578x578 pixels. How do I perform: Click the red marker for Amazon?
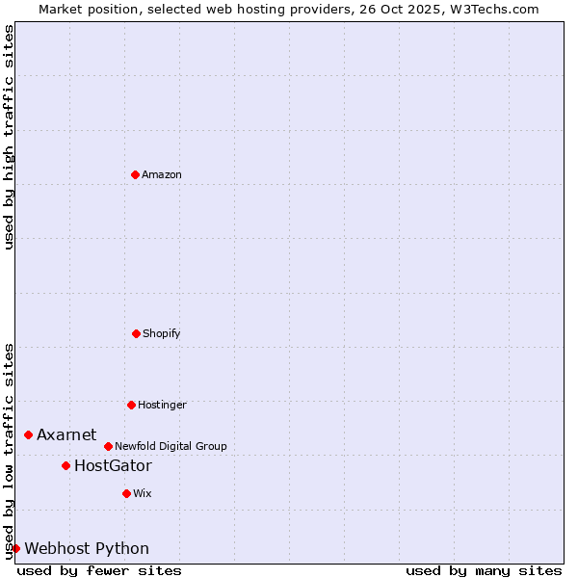(x=135, y=174)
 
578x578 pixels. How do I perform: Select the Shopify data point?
(x=136, y=333)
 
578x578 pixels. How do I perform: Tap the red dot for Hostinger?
(x=131, y=405)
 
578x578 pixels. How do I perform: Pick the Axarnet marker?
(x=28, y=434)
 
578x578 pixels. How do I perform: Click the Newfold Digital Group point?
(x=108, y=446)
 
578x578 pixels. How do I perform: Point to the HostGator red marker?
(x=66, y=465)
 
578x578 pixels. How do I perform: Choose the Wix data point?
(x=126, y=493)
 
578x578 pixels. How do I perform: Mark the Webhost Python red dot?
(x=15, y=548)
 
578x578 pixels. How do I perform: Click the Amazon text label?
(x=162, y=174)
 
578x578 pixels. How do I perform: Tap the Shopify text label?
(x=162, y=333)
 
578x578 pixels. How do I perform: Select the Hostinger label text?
(x=162, y=405)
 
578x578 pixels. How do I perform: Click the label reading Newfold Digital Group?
(x=171, y=446)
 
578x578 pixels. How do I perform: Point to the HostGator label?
(x=113, y=466)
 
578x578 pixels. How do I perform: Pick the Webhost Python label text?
(x=87, y=549)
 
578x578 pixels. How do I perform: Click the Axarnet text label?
(x=66, y=435)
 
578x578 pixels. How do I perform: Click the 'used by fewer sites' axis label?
(x=99, y=570)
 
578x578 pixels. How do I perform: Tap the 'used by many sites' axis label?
(x=484, y=570)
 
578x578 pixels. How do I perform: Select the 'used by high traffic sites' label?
(x=9, y=137)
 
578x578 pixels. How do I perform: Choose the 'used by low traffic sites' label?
(x=9, y=451)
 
